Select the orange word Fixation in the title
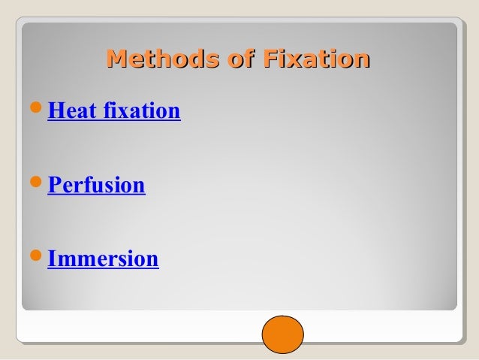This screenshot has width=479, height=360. coord(315,59)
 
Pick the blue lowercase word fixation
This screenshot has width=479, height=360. coord(143,112)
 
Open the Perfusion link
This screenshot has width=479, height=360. coord(96,186)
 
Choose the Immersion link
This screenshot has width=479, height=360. coord(103,259)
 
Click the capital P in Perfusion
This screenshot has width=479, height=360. coord(54,186)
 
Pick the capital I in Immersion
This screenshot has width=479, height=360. coord(52,259)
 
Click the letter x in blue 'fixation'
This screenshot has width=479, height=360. coord(125,113)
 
